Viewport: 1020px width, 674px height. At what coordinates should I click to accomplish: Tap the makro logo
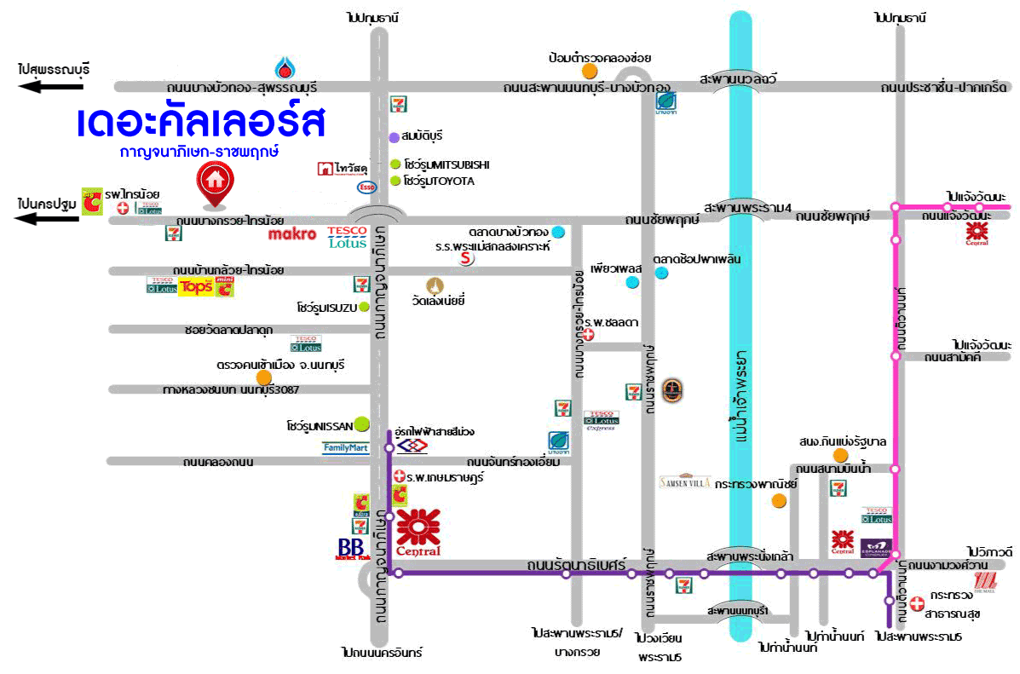point(292,233)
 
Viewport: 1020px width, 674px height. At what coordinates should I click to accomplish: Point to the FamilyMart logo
point(345,446)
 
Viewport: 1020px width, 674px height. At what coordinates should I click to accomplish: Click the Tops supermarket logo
point(195,287)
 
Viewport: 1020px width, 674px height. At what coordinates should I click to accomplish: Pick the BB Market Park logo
point(351,549)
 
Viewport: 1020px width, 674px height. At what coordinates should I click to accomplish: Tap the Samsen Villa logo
point(685,481)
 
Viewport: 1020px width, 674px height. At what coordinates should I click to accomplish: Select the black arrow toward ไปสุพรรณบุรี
point(54,86)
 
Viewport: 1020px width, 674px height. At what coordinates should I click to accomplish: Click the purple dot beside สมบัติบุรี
point(394,136)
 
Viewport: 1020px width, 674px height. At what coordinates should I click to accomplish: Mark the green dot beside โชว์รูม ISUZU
point(364,307)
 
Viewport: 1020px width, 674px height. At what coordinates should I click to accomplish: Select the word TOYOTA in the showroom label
point(451,181)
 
